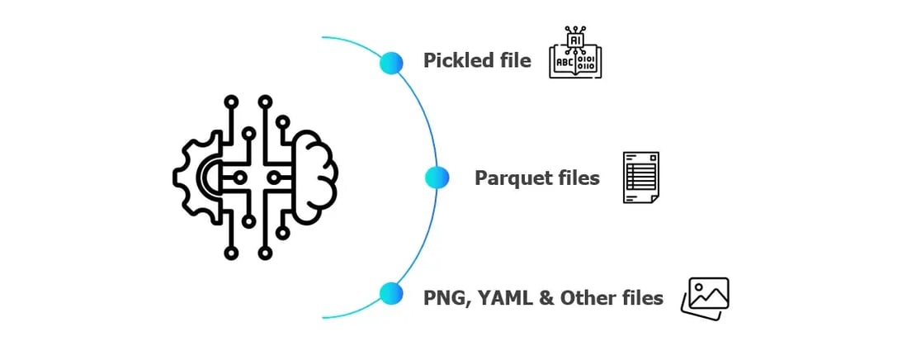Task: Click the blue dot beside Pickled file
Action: click(x=390, y=62)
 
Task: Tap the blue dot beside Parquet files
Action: click(x=437, y=177)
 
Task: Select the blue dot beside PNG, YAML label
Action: click(x=390, y=293)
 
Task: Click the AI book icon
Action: click(x=575, y=53)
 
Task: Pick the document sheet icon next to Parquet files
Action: click(x=640, y=177)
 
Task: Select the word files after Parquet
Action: click(x=579, y=178)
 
